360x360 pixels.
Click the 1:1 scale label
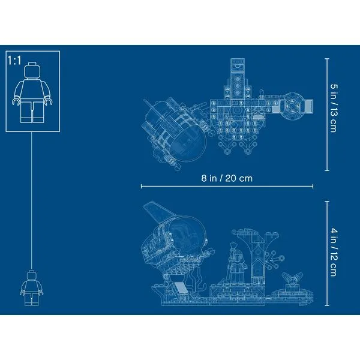click(x=14, y=61)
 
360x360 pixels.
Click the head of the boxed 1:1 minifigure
click(x=32, y=71)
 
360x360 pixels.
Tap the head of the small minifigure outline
click(x=32, y=275)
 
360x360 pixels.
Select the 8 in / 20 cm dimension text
click(x=227, y=178)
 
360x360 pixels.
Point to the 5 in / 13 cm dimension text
click(x=334, y=108)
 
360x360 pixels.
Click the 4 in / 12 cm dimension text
click(x=334, y=252)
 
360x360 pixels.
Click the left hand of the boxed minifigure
click(x=16, y=101)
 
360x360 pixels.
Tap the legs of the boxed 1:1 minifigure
click(x=32, y=112)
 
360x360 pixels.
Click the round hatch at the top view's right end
click(x=292, y=106)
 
